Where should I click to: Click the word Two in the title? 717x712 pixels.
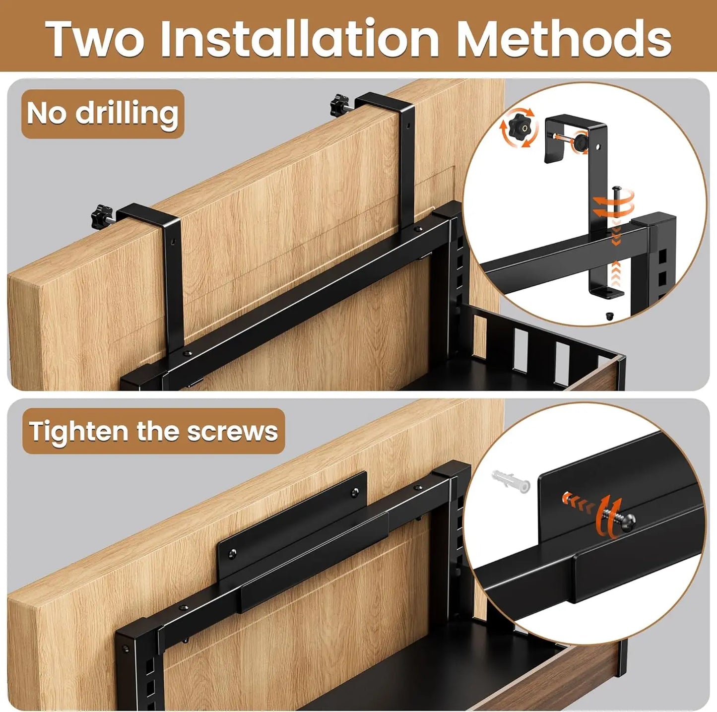coord(95,39)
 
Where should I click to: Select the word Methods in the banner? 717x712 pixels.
coord(564,39)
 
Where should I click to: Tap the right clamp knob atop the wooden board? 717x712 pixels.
coord(340,105)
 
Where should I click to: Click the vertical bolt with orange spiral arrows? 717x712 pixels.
coord(616,203)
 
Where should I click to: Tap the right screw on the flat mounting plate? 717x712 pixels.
coord(354,492)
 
